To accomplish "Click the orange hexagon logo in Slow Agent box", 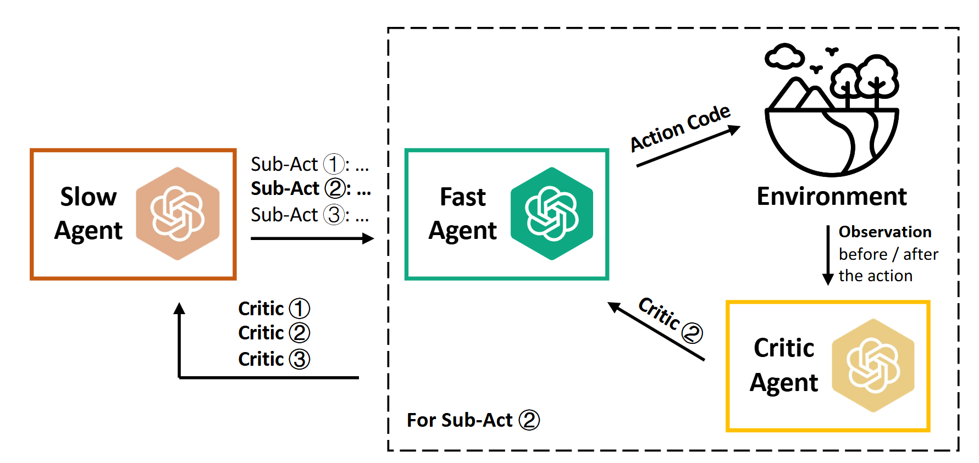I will click(178, 214).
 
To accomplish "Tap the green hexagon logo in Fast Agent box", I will click(551, 214).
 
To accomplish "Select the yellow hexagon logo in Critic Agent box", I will click(873, 366).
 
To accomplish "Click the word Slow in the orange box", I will click(89, 197).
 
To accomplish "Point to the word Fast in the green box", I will click(463, 197).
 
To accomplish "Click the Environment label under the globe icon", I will click(831, 196).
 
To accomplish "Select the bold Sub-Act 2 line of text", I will click(311, 188).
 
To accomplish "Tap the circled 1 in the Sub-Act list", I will click(334, 164).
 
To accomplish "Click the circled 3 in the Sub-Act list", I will click(334, 214).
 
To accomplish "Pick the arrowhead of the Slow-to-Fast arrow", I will click(368, 238).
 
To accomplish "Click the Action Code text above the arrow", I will click(679, 127).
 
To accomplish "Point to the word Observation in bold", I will click(884, 232).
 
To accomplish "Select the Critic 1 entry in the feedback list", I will click(274, 309).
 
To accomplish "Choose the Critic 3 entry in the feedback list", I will click(274, 359).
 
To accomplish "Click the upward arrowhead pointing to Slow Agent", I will click(179, 308).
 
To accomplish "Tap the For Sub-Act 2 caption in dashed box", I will click(473, 420).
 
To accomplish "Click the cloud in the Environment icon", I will click(784, 57).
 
